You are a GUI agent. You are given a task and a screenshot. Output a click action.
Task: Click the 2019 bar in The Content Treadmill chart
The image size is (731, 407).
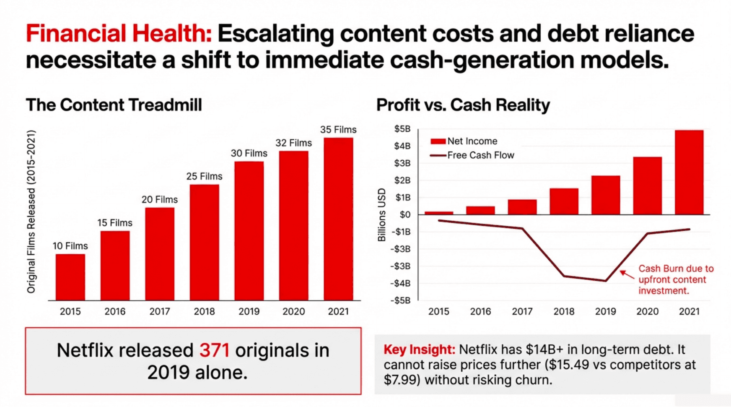(249, 231)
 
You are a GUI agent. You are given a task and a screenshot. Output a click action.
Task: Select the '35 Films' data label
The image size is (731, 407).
(338, 130)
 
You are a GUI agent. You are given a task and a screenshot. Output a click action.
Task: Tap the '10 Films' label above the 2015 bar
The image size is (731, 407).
(70, 246)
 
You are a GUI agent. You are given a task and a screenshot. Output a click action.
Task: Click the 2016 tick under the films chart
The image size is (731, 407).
(115, 311)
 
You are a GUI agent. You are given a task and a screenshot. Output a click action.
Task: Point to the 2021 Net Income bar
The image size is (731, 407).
(689, 172)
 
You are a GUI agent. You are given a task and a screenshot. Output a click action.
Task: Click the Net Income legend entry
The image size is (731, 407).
(464, 141)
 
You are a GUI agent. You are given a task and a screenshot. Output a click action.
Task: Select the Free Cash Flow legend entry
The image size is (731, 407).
(472, 155)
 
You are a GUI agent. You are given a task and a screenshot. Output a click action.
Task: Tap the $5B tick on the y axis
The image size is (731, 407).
(402, 129)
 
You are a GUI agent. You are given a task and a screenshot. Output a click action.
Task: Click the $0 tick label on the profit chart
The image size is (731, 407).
(405, 215)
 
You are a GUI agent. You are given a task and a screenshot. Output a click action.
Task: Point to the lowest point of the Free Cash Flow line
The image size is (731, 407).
(605, 281)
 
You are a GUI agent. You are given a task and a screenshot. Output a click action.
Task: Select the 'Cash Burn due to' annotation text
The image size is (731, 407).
(676, 269)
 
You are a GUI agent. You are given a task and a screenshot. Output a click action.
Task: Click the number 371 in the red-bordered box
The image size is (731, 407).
(214, 350)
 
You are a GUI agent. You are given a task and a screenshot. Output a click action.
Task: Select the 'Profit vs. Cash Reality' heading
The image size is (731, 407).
(463, 105)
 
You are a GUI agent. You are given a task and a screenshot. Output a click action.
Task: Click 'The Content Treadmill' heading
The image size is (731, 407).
(114, 105)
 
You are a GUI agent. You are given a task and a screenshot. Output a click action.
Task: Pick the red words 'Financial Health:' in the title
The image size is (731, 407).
(119, 34)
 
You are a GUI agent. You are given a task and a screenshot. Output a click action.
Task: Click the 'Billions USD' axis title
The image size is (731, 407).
(381, 215)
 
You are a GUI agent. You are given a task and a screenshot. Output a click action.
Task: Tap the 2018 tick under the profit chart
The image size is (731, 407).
(564, 311)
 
